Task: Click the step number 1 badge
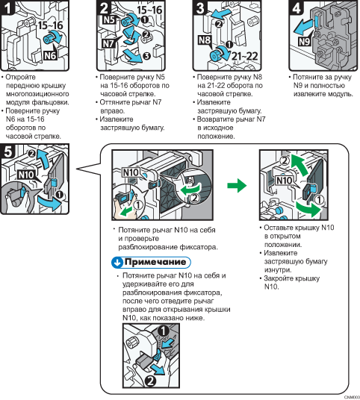tap(7, 7)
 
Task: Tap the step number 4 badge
tap(296, 7)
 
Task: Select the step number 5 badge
tap(7, 151)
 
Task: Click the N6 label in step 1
tap(50, 56)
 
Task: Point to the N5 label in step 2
tap(109, 19)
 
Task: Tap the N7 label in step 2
tap(108, 43)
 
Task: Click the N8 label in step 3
tap(205, 40)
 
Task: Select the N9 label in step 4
tap(304, 41)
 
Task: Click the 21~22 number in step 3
tap(244, 56)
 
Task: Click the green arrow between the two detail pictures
tap(237, 186)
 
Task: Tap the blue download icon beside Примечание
tap(118, 263)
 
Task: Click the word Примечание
tap(155, 262)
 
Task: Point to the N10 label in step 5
tap(26, 175)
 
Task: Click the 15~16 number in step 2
tap(149, 10)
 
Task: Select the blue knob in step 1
tap(49, 39)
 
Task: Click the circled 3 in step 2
tap(146, 56)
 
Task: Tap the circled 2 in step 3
tap(219, 24)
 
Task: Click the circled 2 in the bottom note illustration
tap(150, 381)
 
